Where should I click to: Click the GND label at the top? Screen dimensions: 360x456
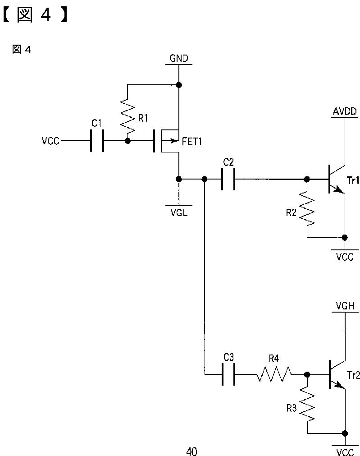pos(179,58)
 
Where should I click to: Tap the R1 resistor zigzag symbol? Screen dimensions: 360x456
pos(128,115)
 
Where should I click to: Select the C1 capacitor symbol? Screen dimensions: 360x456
pos(97,141)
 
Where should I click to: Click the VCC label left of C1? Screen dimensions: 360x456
pos(50,141)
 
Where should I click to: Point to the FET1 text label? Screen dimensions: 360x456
pos(192,142)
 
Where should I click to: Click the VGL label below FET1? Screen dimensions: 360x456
pos(179,213)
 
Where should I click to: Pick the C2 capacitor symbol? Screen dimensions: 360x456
pos(228,179)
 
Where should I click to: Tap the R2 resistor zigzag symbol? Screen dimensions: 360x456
pos(307,208)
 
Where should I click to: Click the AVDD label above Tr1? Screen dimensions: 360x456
pos(345,112)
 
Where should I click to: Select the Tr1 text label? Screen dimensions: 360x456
pos(353,180)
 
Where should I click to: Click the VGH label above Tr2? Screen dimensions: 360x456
pos(345,306)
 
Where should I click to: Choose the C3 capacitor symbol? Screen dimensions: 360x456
pos(228,374)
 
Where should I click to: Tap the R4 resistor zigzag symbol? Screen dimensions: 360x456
pos(273,374)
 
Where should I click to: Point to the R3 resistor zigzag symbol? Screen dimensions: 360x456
pos(307,404)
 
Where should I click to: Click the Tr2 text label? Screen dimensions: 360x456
pos(353,375)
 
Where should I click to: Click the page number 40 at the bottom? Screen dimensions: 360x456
pos(191,451)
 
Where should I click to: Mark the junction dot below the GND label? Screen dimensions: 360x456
pos(179,85)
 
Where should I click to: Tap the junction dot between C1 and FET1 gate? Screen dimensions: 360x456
pos(127,141)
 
